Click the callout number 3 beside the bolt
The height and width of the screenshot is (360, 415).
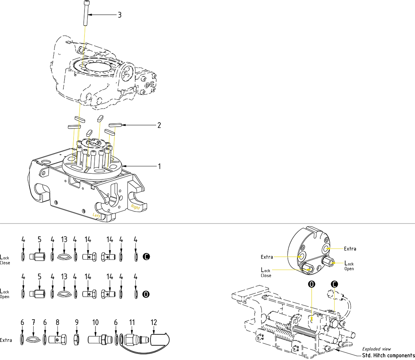(x=119, y=15)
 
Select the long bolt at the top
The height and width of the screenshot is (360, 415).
(x=86, y=13)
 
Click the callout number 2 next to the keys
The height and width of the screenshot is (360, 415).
(x=159, y=125)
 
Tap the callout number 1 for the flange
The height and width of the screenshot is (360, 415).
(x=159, y=166)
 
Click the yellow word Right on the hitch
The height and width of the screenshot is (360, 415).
(x=135, y=207)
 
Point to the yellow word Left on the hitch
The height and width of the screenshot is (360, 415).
(x=97, y=214)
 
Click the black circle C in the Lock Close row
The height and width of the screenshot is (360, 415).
(x=147, y=257)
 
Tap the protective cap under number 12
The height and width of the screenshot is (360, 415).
(x=159, y=339)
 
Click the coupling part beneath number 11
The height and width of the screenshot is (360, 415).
(x=135, y=339)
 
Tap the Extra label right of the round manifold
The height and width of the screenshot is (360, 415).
(x=350, y=248)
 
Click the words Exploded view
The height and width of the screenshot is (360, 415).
(x=377, y=349)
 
